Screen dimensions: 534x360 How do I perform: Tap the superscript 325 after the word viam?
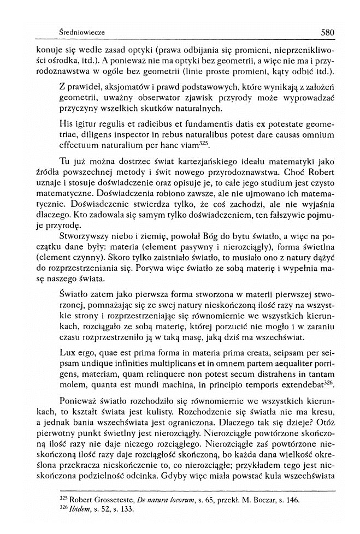205,144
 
